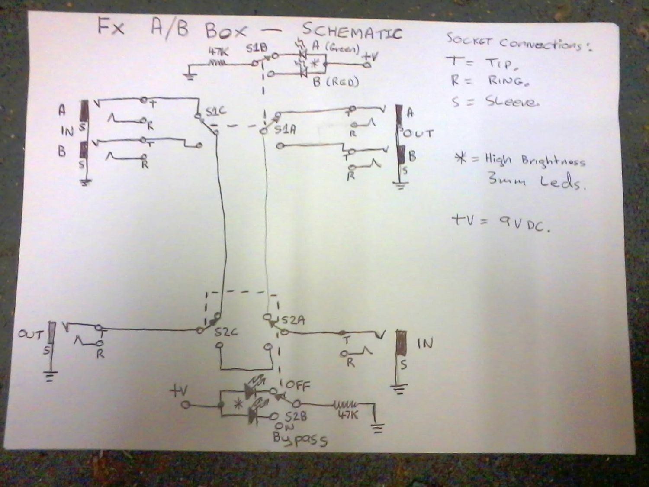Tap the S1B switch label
[x=257, y=48]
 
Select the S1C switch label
[x=215, y=112]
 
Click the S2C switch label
[x=226, y=332]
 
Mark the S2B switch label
[x=296, y=417]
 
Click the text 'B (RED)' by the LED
[x=336, y=82]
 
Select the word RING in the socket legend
[x=509, y=81]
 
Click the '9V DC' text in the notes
[x=524, y=223]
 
